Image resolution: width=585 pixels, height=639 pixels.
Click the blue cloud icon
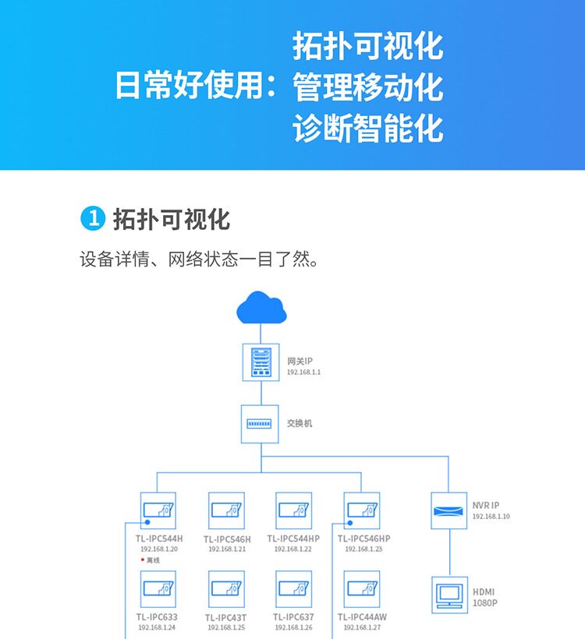tap(261, 309)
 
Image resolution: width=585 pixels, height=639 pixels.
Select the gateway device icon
tap(261, 362)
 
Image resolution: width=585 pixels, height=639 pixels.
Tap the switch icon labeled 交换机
tap(261, 424)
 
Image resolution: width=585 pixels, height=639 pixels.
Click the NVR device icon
tap(449, 511)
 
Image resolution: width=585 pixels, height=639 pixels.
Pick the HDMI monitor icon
tap(449, 595)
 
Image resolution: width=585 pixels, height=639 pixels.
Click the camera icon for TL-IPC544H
tap(158, 511)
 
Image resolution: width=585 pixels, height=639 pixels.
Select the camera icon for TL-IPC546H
tap(226, 511)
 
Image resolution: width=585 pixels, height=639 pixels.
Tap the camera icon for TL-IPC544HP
tap(294, 511)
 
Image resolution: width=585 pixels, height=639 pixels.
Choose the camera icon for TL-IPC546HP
tap(362, 511)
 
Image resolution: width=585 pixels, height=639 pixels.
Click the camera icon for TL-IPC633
tap(158, 590)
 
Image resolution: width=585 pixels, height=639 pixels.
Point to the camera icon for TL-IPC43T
tap(226, 590)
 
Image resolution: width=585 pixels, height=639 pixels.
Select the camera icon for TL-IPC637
tap(294, 590)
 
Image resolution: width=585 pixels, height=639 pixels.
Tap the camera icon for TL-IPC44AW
tap(362, 590)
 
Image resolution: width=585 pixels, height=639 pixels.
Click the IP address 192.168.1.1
tap(304, 372)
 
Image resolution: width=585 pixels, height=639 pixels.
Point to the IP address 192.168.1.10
tap(491, 517)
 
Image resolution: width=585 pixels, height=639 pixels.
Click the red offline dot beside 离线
tap(142, 560)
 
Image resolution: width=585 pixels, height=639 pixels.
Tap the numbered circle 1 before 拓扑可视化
tap(92, 219)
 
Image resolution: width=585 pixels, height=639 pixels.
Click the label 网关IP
tap(300, 361)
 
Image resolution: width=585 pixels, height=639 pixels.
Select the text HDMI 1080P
tap(484, 598)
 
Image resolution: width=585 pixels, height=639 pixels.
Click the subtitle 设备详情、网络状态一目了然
tap(200, 259)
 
